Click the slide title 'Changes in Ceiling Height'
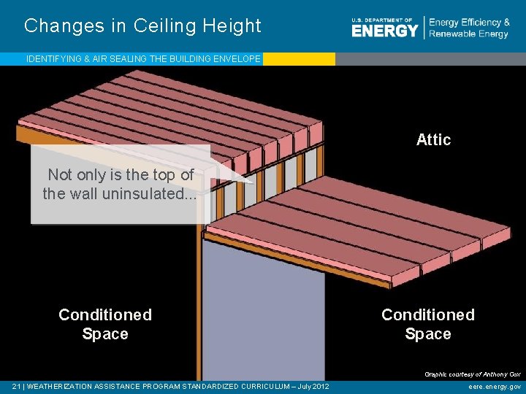click(142, 26)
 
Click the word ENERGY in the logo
click(384, 31)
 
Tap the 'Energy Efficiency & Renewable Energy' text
click(469, 28)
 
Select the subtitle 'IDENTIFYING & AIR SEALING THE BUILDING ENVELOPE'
click(143, 59)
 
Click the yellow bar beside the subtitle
click(298, 59)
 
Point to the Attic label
click(433, 139)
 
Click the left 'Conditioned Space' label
click(105, 324)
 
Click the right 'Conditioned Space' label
click(428, 324)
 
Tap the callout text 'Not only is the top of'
click(121, 174)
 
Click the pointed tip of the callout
click(254, 182)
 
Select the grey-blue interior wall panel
click(263, 314)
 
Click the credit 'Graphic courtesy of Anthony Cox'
click(473, 374)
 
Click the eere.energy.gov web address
click(495, 387)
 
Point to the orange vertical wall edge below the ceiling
click(199, 306)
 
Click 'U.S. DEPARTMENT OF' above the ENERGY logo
click(381, 20)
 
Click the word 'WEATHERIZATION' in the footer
click(62, 387)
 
